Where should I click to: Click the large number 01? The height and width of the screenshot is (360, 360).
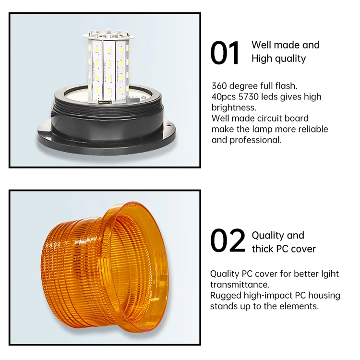point(225,53)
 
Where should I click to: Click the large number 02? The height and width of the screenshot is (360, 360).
point(228,241)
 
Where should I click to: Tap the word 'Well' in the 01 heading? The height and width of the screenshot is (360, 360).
point(262,45)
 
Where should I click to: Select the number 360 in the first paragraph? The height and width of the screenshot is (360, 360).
point(220,86)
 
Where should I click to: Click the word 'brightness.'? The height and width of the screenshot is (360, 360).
point(234,108)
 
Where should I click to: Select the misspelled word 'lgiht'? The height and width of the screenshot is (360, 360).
point(327,274)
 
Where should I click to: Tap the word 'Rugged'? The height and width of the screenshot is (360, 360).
point(226,295)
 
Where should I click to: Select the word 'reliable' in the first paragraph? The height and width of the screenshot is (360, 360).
point(312,129)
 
